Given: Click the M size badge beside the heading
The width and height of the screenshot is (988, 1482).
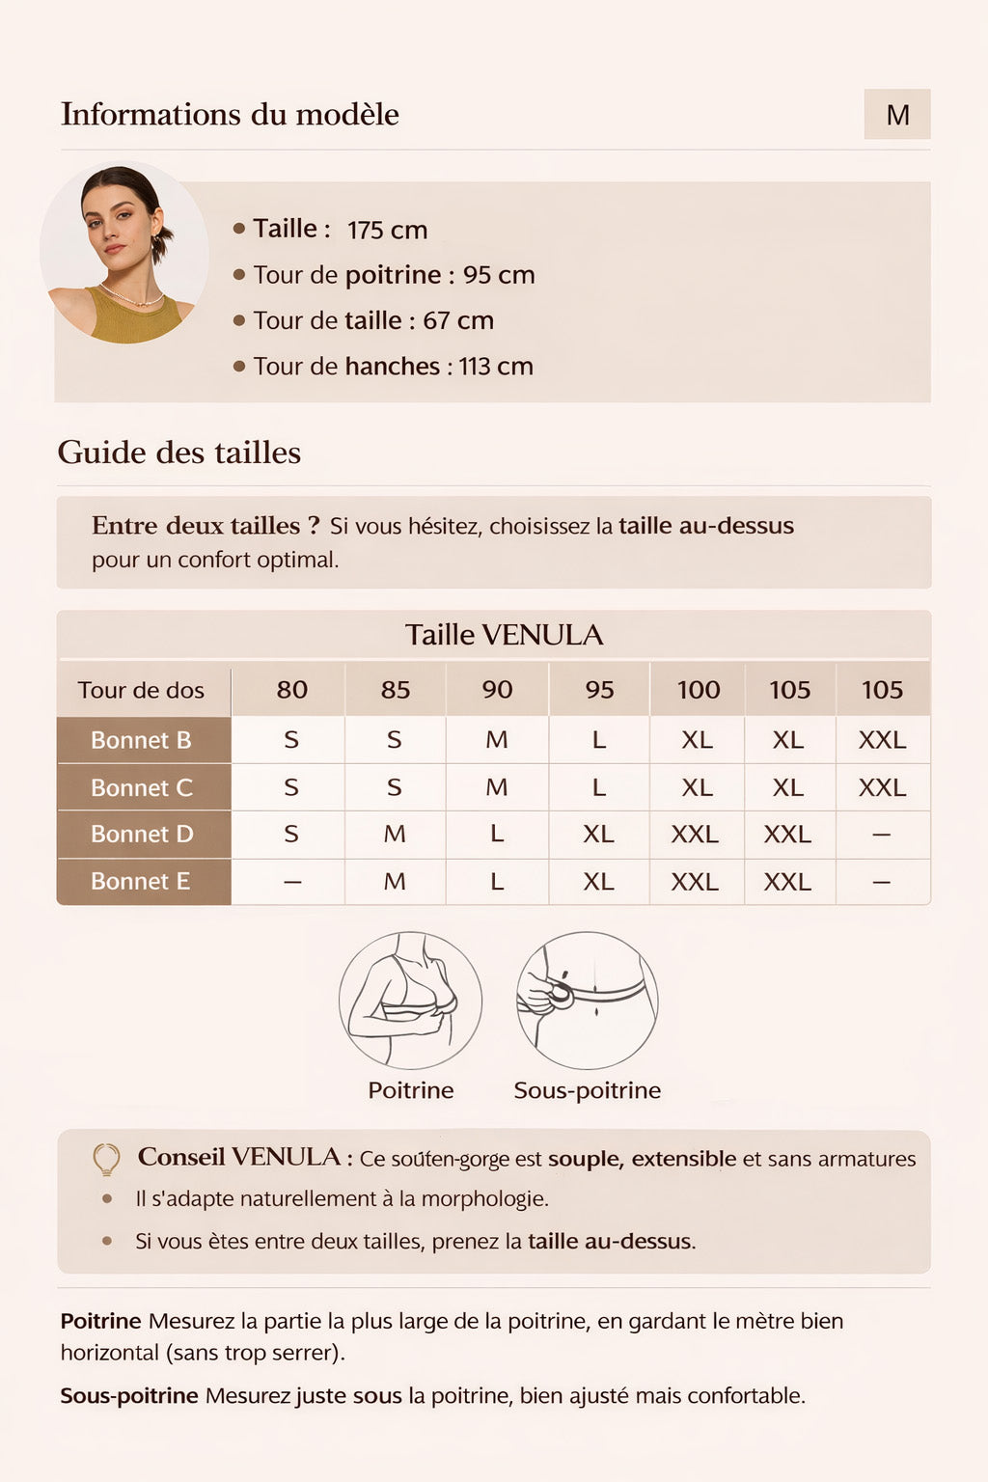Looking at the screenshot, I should tap(897, 115).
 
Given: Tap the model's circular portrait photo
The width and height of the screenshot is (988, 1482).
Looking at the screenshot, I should tap(123, 254).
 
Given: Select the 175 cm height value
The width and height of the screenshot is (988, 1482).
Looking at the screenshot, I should tap(387, 231).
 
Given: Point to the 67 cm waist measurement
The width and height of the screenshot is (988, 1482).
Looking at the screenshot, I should tap(457, 320).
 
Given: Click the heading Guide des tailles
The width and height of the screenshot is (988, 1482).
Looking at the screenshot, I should tap(179, 453).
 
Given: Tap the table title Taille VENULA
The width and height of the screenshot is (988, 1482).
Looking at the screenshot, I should tap(504, 635).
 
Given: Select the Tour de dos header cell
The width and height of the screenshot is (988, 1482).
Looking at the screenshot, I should tap(141, 690).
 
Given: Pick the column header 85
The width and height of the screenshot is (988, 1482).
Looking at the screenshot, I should tap(395, 690).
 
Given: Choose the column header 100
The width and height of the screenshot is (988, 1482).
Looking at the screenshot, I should tap(698, 690).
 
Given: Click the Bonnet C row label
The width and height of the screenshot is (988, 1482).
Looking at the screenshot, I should tap(142, 787).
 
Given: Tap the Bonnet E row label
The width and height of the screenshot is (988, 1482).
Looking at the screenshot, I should tap(141, 881).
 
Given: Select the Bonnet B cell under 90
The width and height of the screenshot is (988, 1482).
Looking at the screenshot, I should tap(497, 740).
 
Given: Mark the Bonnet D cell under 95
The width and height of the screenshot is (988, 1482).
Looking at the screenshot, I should tap(598, 834).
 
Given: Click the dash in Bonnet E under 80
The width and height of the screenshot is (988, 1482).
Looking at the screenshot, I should tap(292, 881).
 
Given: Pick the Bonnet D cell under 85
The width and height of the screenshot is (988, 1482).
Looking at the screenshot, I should tap(395, 834).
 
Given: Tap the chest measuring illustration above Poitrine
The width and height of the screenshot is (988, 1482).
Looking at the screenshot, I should tap(410, 1001).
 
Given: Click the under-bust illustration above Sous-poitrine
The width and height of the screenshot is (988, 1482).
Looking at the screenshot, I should tap(587, 1001).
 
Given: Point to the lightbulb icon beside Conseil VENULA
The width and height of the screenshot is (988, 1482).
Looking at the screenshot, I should tap(106, 1159).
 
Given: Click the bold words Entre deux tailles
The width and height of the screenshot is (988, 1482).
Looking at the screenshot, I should tap(205, 526).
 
